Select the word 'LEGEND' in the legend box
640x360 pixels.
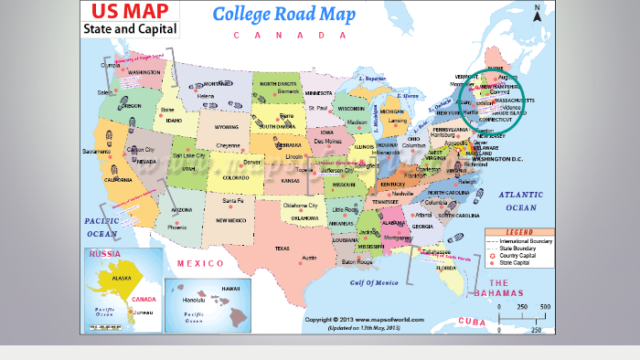click(519, 232)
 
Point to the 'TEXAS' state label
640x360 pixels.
click(282, 249)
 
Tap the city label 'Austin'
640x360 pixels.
click(309, 258)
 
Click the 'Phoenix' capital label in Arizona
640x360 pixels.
click(177, 227)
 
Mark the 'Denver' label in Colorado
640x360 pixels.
click(252, 162)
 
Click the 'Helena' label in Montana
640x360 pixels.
click(206, 96)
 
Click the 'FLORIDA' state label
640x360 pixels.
click(446, 269)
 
